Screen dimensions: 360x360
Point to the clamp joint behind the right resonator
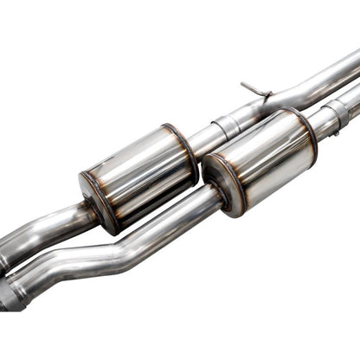tap(336, 112)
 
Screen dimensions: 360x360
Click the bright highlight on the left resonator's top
tap(130, 151)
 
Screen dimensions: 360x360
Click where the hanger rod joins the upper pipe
tap(263, 94)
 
